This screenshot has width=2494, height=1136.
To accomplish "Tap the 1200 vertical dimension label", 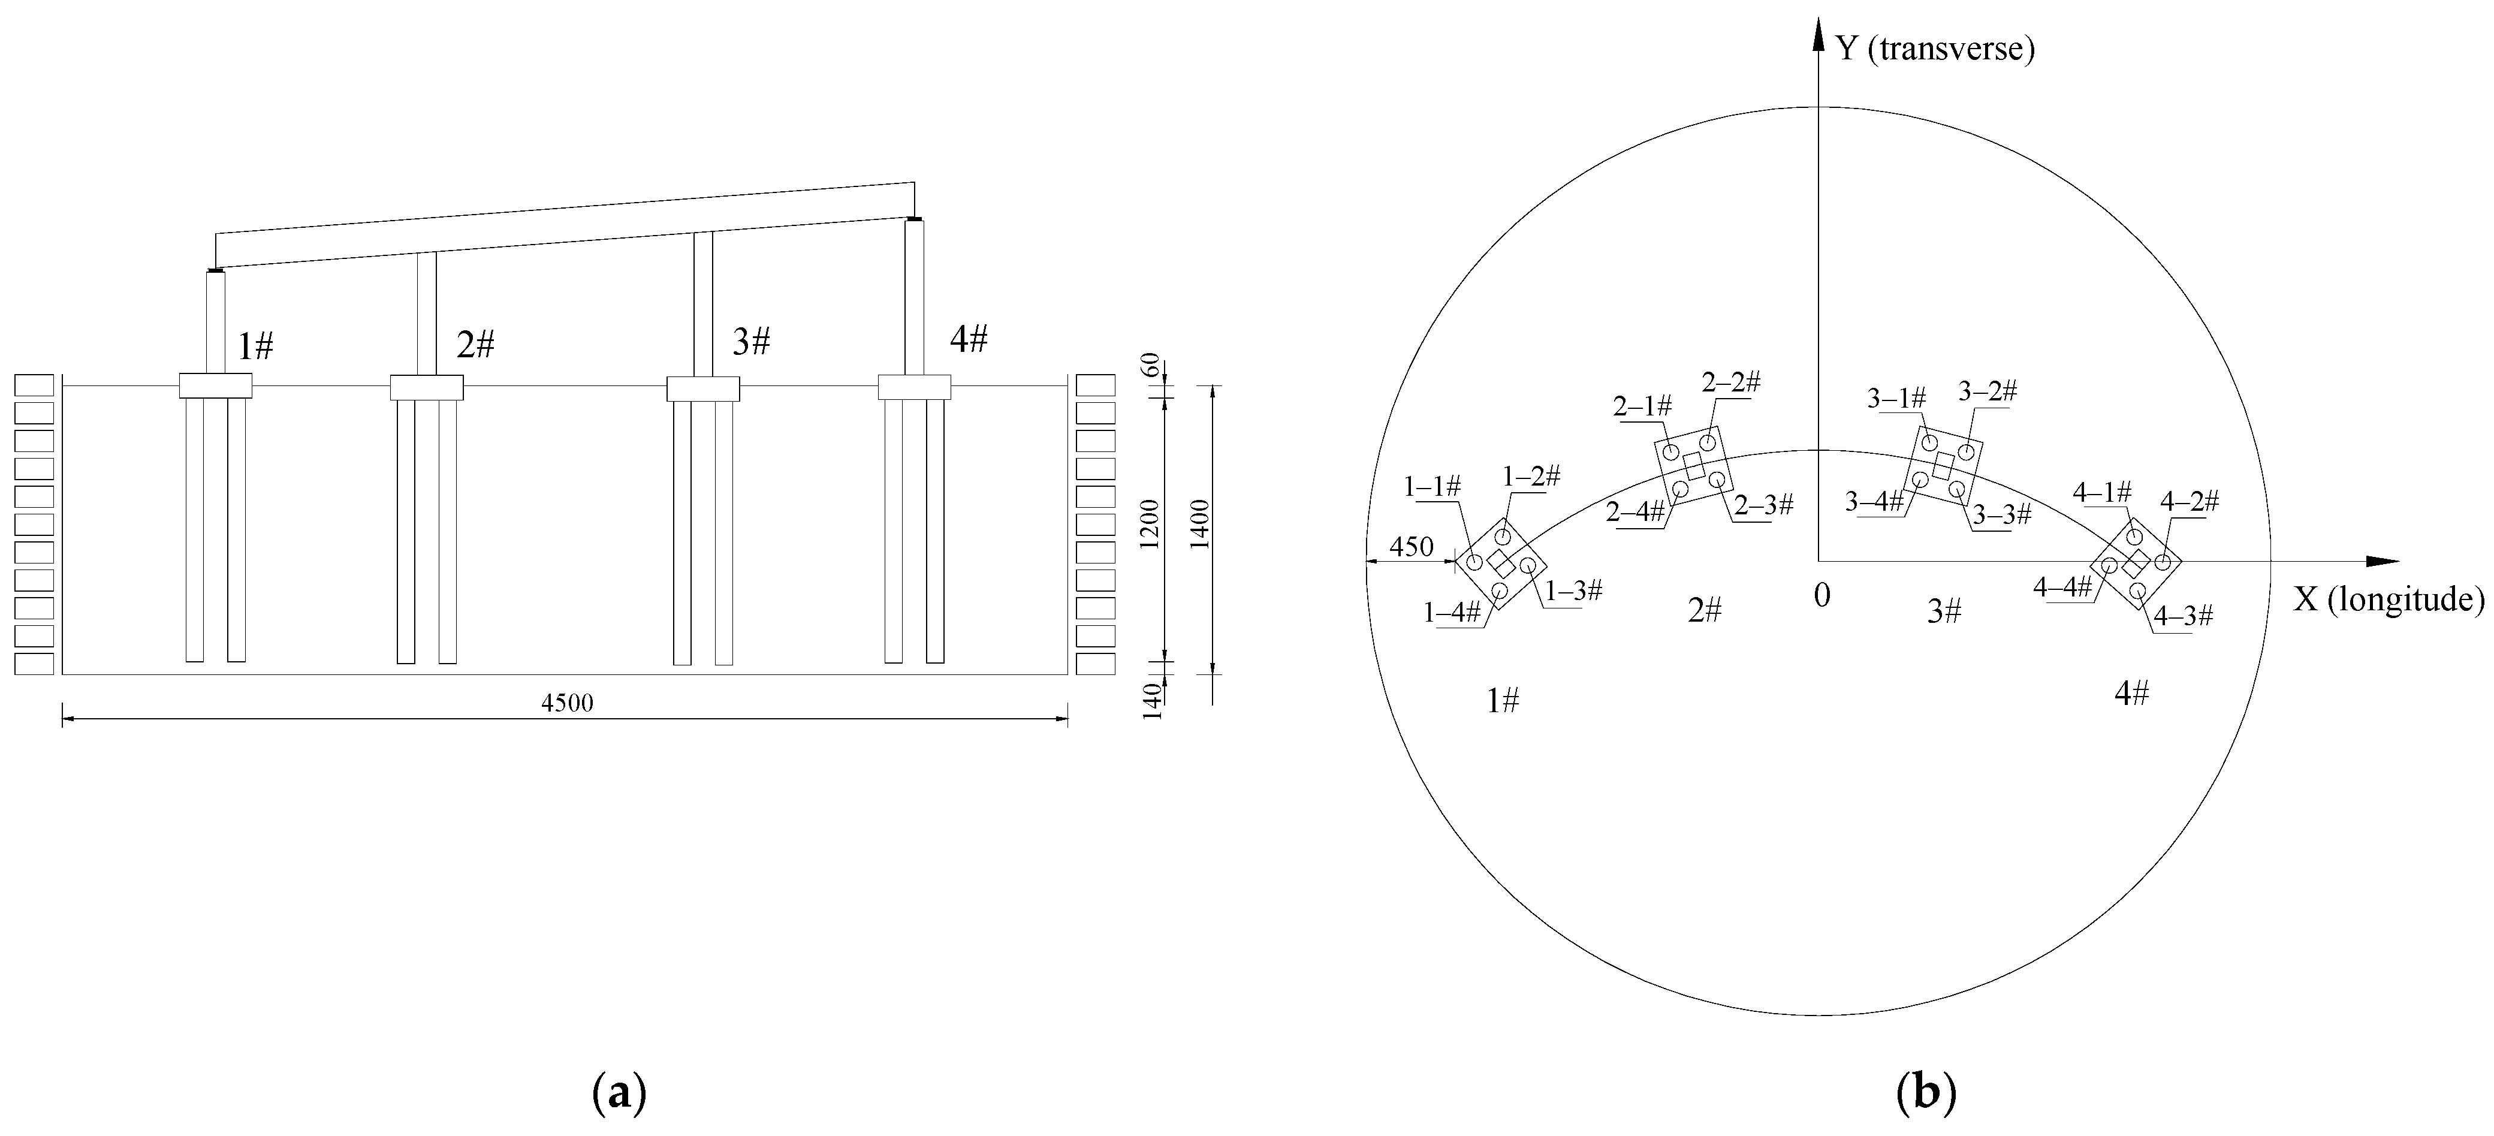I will pyautogui.click(x=1150, y=524).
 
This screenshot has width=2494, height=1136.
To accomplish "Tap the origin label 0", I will pyautogui.click(x=1821, y=596).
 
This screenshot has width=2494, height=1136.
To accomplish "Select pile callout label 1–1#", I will pyautogui.click(x=1433, y=487).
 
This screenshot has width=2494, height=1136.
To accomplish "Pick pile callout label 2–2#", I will pyautogui.click(x=1731, y=382).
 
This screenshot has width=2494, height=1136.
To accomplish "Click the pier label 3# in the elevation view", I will pyautogui.click(x=751, y=342).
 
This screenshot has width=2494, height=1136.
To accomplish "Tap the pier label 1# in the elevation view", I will pyautogui.click(x=255, y=346).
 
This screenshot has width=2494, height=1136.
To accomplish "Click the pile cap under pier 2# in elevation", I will pyautogui.click(x=426, y=387).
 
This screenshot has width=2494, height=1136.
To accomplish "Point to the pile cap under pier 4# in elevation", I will pyautogui.click(x=914, y=387).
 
